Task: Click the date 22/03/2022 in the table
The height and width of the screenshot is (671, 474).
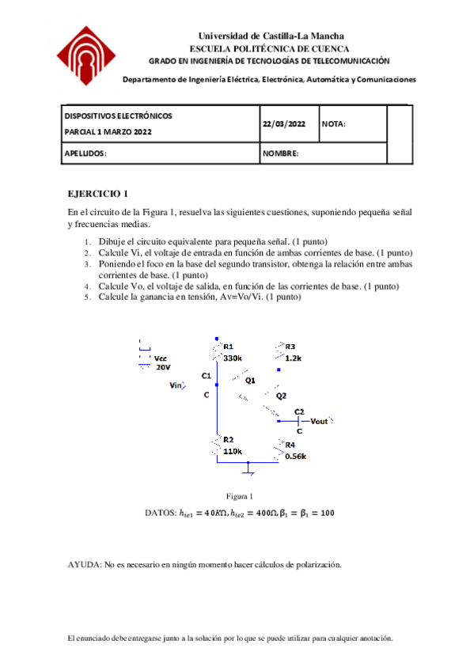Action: point(283,124)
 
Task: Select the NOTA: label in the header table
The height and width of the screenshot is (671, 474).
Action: point(334,124)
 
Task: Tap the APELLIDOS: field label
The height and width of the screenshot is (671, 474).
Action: point(85,154)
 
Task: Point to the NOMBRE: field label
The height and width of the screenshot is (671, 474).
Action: point(280,154)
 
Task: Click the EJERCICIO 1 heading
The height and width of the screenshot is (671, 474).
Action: point(97,193)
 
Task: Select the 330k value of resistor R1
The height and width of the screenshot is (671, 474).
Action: point(233,358)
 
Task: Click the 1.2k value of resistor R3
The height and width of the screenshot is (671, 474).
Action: point(294,358)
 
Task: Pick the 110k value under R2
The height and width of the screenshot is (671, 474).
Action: point(233,451)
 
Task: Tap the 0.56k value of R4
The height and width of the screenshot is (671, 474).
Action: point(295,456)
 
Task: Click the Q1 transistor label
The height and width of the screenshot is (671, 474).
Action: point(250,381)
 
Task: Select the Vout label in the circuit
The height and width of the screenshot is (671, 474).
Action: point(319,421)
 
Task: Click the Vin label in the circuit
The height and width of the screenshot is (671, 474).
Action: point(176,385)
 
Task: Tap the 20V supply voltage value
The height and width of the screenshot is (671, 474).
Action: point(162,367)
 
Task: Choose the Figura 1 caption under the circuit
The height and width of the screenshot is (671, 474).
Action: point(238,496)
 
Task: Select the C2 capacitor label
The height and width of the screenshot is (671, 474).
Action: point(298,411)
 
